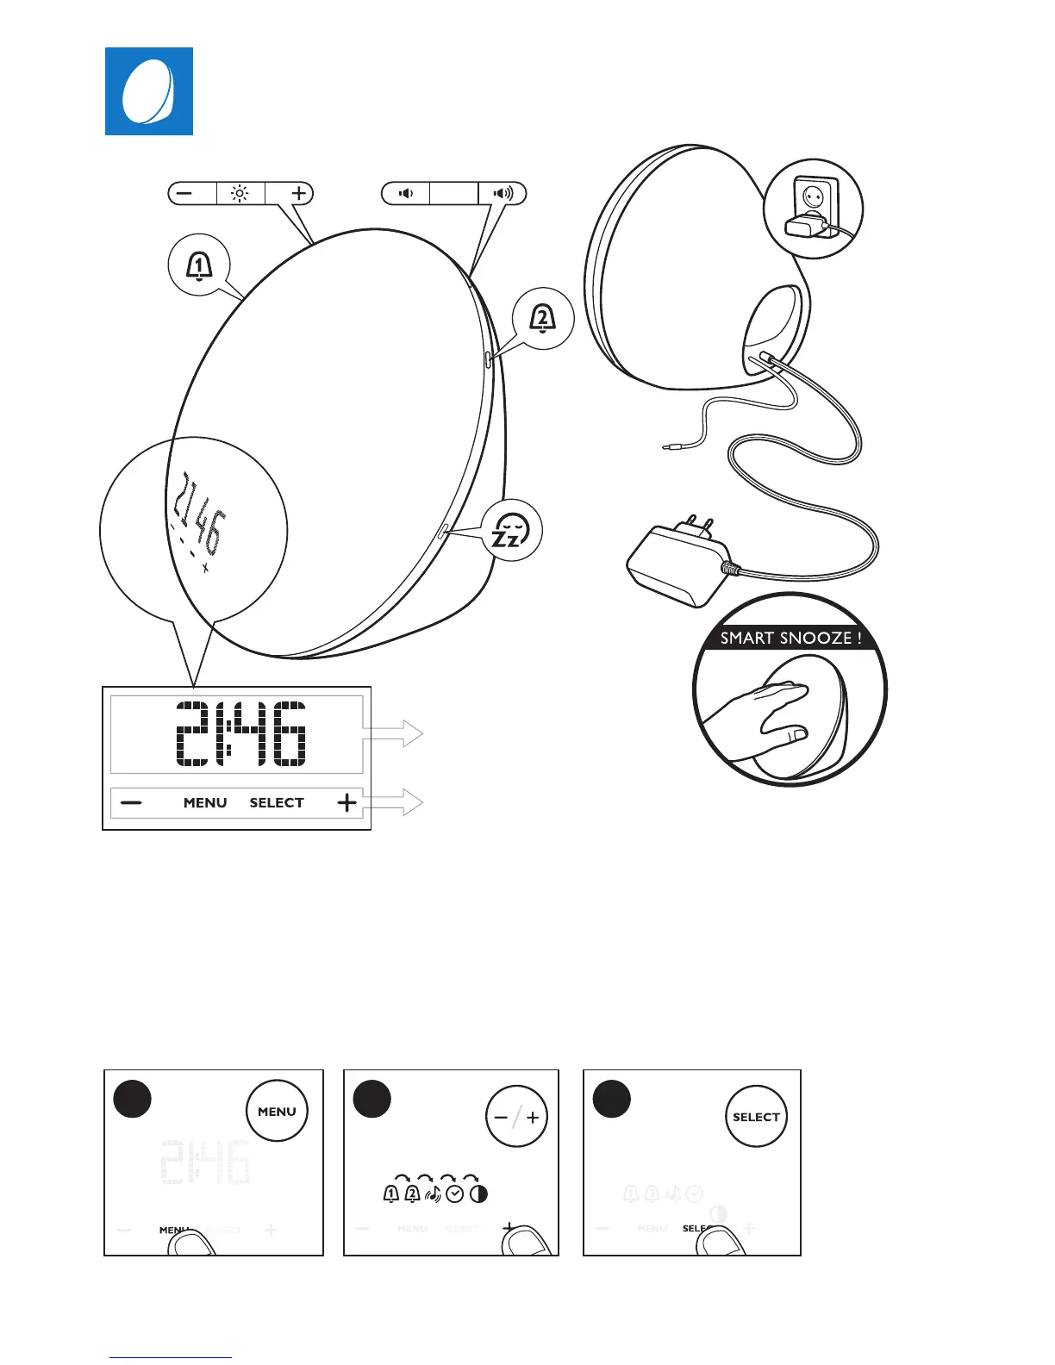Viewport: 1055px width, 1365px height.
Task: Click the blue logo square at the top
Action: pyautogui.click(x=149, y=91)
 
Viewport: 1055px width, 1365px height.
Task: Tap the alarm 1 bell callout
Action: pyautogui.click(x=199, y=266)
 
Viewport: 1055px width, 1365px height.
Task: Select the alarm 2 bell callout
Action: pyautogui.click(x=542, y=319)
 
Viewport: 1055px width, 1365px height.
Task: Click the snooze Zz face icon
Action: pyautogui.click(x=509, y=531)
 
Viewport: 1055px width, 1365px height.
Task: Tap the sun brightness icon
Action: pyautogui.click(x=240, y=193)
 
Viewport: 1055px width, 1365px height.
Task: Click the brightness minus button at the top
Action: pyautogui.click(x=184, y=193)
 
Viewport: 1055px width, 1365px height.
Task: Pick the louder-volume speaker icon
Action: pyautogui.click(x=503, y=193)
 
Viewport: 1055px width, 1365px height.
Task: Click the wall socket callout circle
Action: pyautogui.click(x=814, y=209)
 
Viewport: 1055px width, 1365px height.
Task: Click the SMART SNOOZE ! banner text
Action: pyautogui.click(x=790, y=639)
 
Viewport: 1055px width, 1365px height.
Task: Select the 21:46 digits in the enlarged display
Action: pyautogui.click(x=240, y=733)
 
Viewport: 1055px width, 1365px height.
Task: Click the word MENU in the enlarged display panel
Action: pyautogui.click(x=205, y=803)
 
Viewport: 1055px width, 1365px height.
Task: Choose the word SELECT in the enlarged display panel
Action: pyautogui.click(x=277, y=803)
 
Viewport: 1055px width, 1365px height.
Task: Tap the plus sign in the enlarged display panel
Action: pyautogui.click(x=346, y=803)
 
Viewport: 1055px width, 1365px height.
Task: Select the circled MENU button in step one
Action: pyautogui.click(x=277, y=1112)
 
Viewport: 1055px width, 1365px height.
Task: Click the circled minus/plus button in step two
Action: pyautogui.click(x=516, y=1117)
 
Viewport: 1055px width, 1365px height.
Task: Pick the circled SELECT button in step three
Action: pyautogui.click(x=756, y=1117)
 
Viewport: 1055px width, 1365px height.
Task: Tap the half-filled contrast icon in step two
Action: pyautogui.click(x=478, y=1194)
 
